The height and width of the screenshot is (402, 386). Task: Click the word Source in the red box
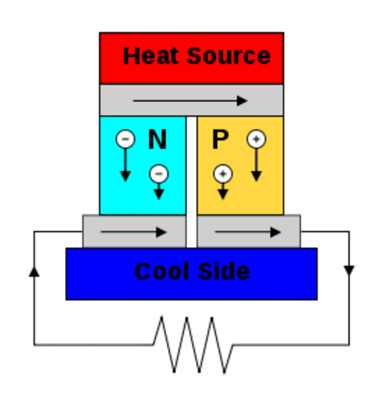(x=229, y=56)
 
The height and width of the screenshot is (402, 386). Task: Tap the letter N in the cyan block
(x=157, y=140)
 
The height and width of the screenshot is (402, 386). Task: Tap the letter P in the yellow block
(x=220, y=140)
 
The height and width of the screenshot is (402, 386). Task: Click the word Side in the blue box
(x=224, y=271)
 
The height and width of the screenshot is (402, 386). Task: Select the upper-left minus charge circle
(x=125, y=139)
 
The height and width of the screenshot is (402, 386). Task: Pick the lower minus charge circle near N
(x=159, y=174)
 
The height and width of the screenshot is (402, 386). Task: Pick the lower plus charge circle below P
(x=223, y=174)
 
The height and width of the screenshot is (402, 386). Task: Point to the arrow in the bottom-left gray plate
(x=133, y=232)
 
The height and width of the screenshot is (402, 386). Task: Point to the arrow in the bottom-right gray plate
(x=247, y=232)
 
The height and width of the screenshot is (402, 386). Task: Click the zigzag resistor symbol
(x=193, y=344)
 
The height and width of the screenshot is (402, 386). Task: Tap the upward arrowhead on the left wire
(x=34, y=272)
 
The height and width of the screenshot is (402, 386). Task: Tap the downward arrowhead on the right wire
(x=349, y=270)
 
